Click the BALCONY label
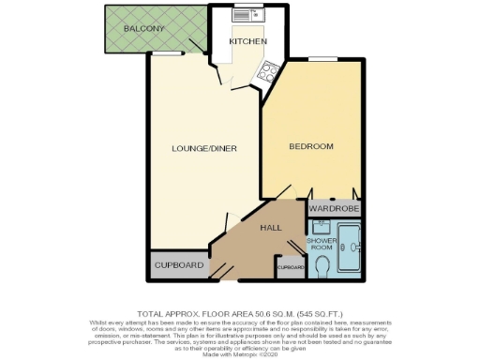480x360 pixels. pyautogui.click(x=145, y=29)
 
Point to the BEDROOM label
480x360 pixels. pyautogui.click(x=311, y=147)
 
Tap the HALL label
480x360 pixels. pyautogui.click(x=271, y=228)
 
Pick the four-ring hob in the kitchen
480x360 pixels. pyautogui.click(x=268, y=68)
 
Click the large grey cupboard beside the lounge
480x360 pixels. pyautogui.click(x=178, y=265)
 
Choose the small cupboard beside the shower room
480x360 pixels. pyautogui.click(x=290, y=268)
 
